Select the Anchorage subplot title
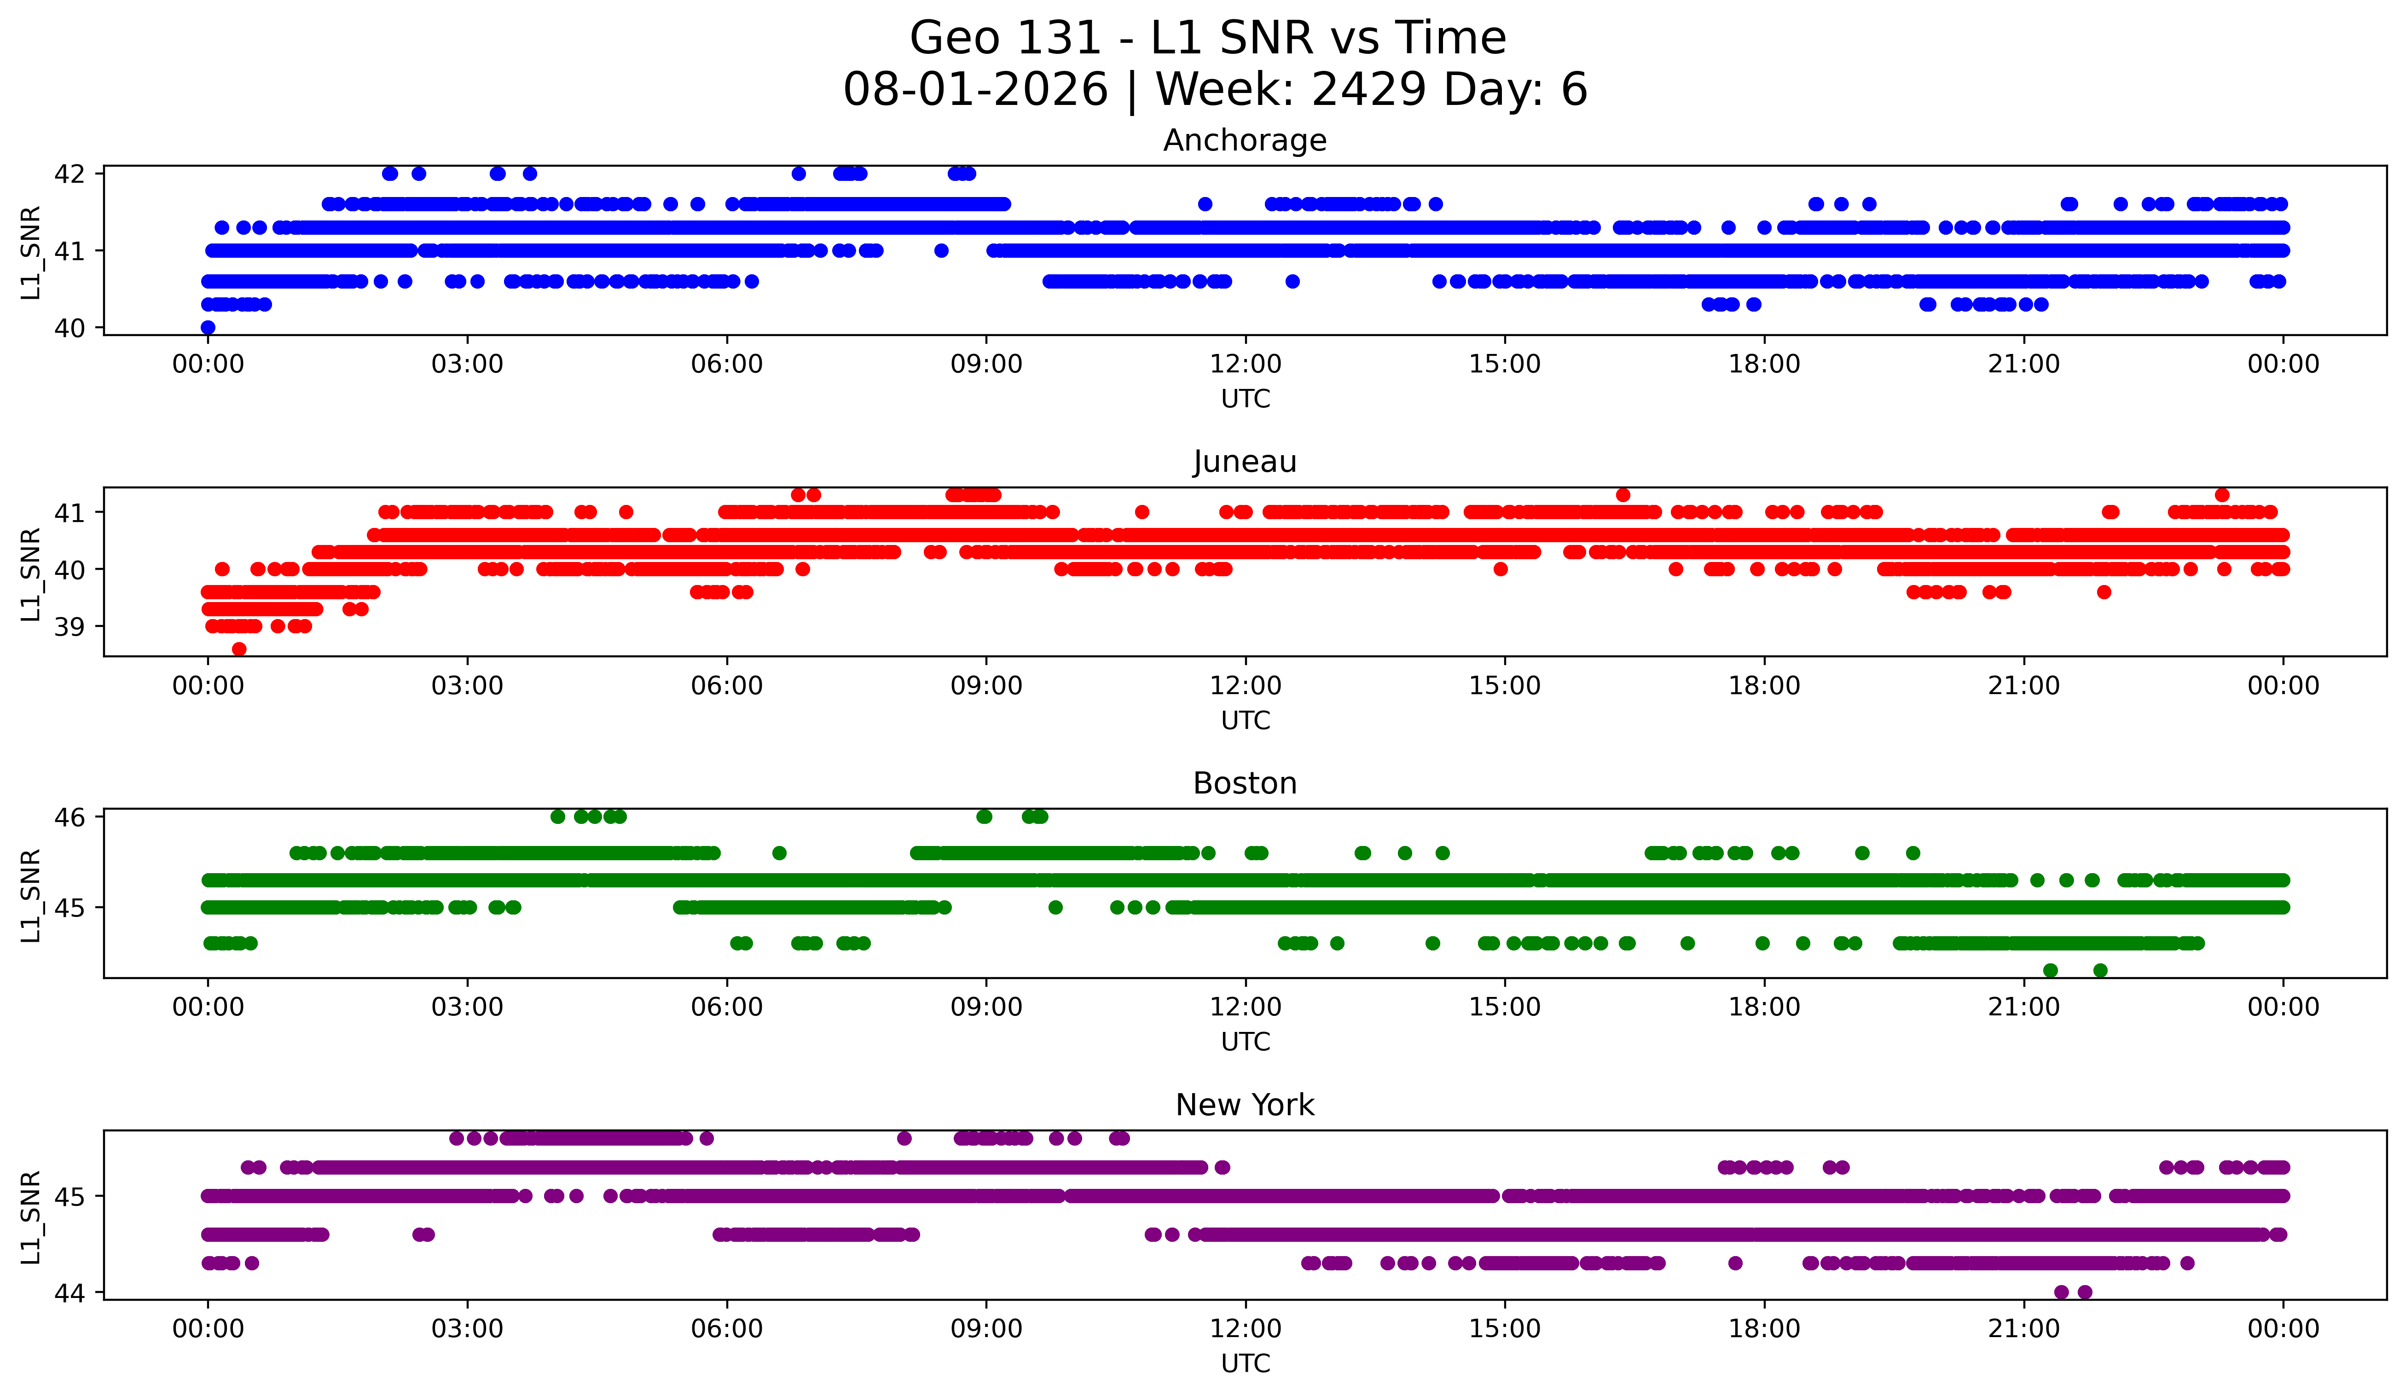(1245, 140)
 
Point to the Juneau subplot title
(1245, 462)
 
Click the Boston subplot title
(1245, 783)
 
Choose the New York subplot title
(1245, 1105)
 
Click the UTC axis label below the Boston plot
(1246, 1042)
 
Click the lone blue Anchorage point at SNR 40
(208, 327)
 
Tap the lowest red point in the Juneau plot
(238, 649)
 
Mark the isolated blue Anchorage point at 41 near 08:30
(941, 251)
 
